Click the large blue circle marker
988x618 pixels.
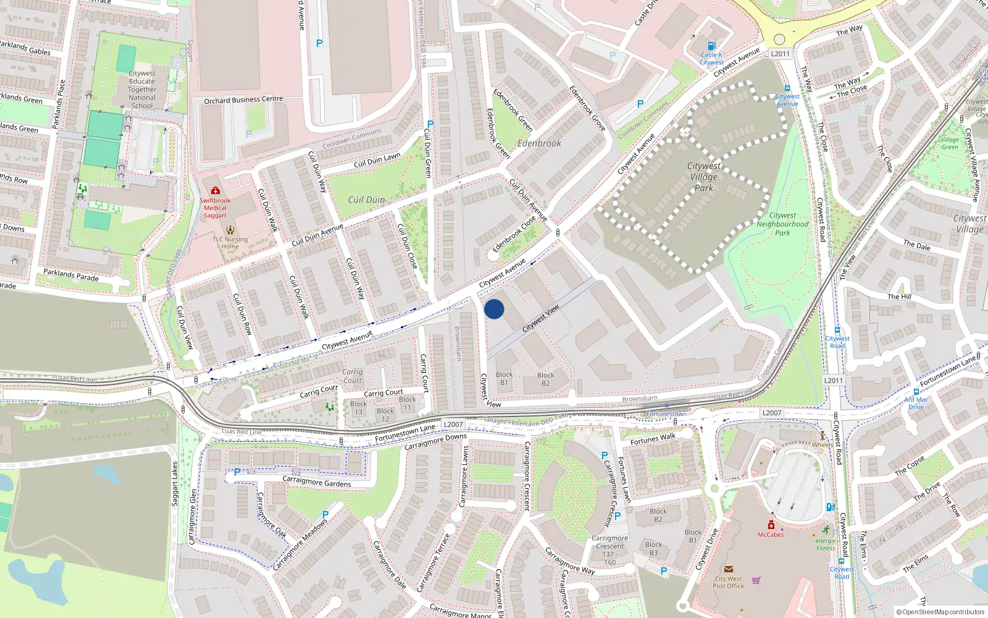494,309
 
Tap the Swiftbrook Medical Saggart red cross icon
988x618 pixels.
215,191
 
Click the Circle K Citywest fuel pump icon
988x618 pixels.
711,46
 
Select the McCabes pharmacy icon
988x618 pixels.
771,525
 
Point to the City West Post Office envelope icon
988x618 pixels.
728,569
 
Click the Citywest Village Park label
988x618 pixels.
703,177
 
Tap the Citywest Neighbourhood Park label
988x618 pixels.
782,224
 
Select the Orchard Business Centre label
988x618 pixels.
243,99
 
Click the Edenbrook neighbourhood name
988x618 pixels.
539,143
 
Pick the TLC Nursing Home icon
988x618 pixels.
230,230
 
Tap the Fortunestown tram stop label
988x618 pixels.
666,414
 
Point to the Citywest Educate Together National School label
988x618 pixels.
142,89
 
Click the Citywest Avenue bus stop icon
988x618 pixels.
787,88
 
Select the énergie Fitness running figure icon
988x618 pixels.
826,530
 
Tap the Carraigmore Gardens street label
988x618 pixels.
316,481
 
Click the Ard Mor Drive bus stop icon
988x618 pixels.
916,392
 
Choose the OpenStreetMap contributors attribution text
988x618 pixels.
940,612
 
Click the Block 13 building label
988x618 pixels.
358,408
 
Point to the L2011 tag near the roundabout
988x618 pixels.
780,54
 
